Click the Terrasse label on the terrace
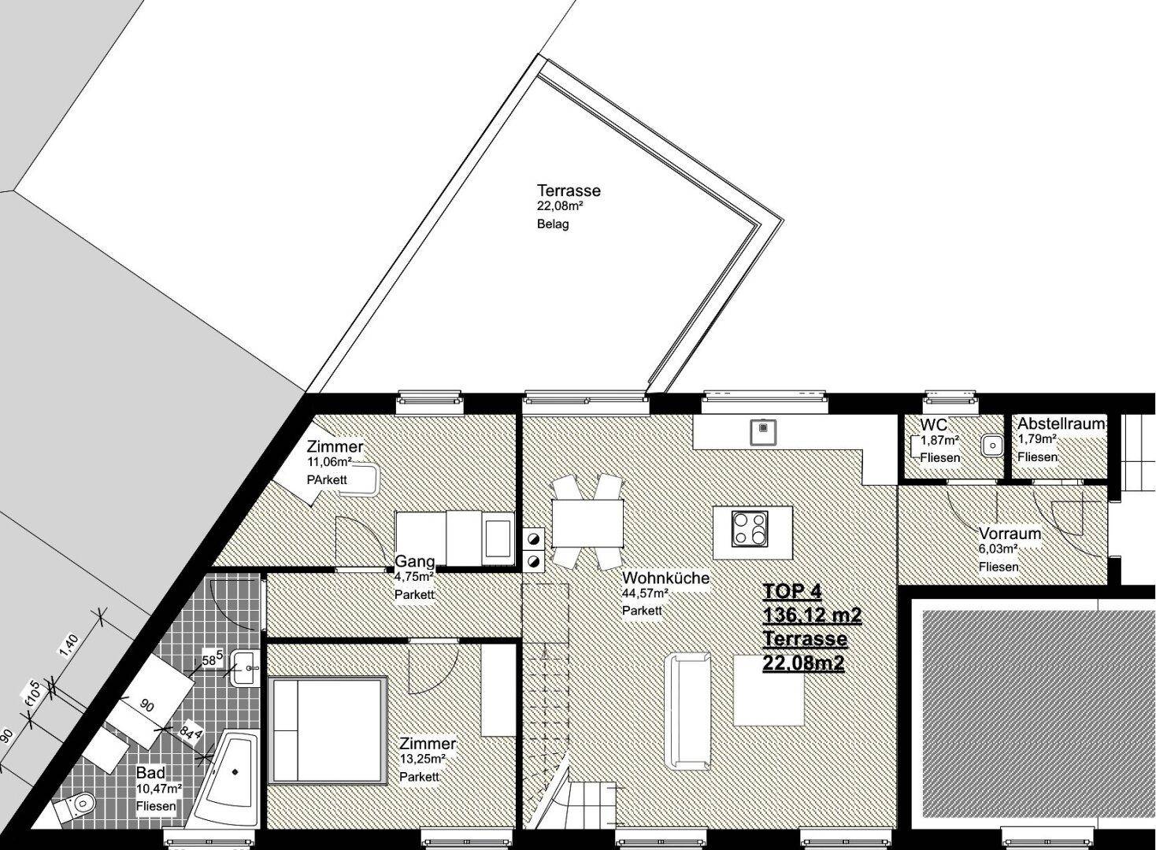(569, 190)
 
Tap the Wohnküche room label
(665, 578)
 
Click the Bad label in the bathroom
(150, 773)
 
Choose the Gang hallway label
(414, 561)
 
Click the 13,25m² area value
(422, 759)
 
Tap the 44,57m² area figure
(645, 593)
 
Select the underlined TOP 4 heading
(791, 592)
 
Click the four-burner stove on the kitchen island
(750, 529)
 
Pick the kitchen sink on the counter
(763, 432)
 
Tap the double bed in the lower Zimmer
(328, 730)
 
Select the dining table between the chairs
(587, 524)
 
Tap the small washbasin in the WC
(991, 445)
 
